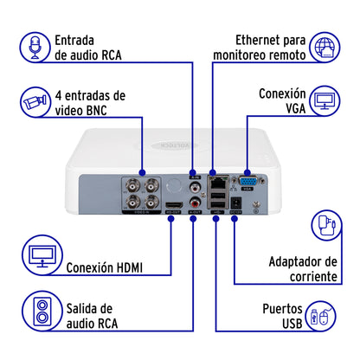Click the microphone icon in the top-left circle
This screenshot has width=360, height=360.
35,48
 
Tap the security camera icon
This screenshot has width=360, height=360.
35,102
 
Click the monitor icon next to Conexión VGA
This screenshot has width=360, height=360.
325,102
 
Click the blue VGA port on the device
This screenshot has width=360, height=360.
247,183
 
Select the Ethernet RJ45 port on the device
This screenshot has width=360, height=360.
221,183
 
